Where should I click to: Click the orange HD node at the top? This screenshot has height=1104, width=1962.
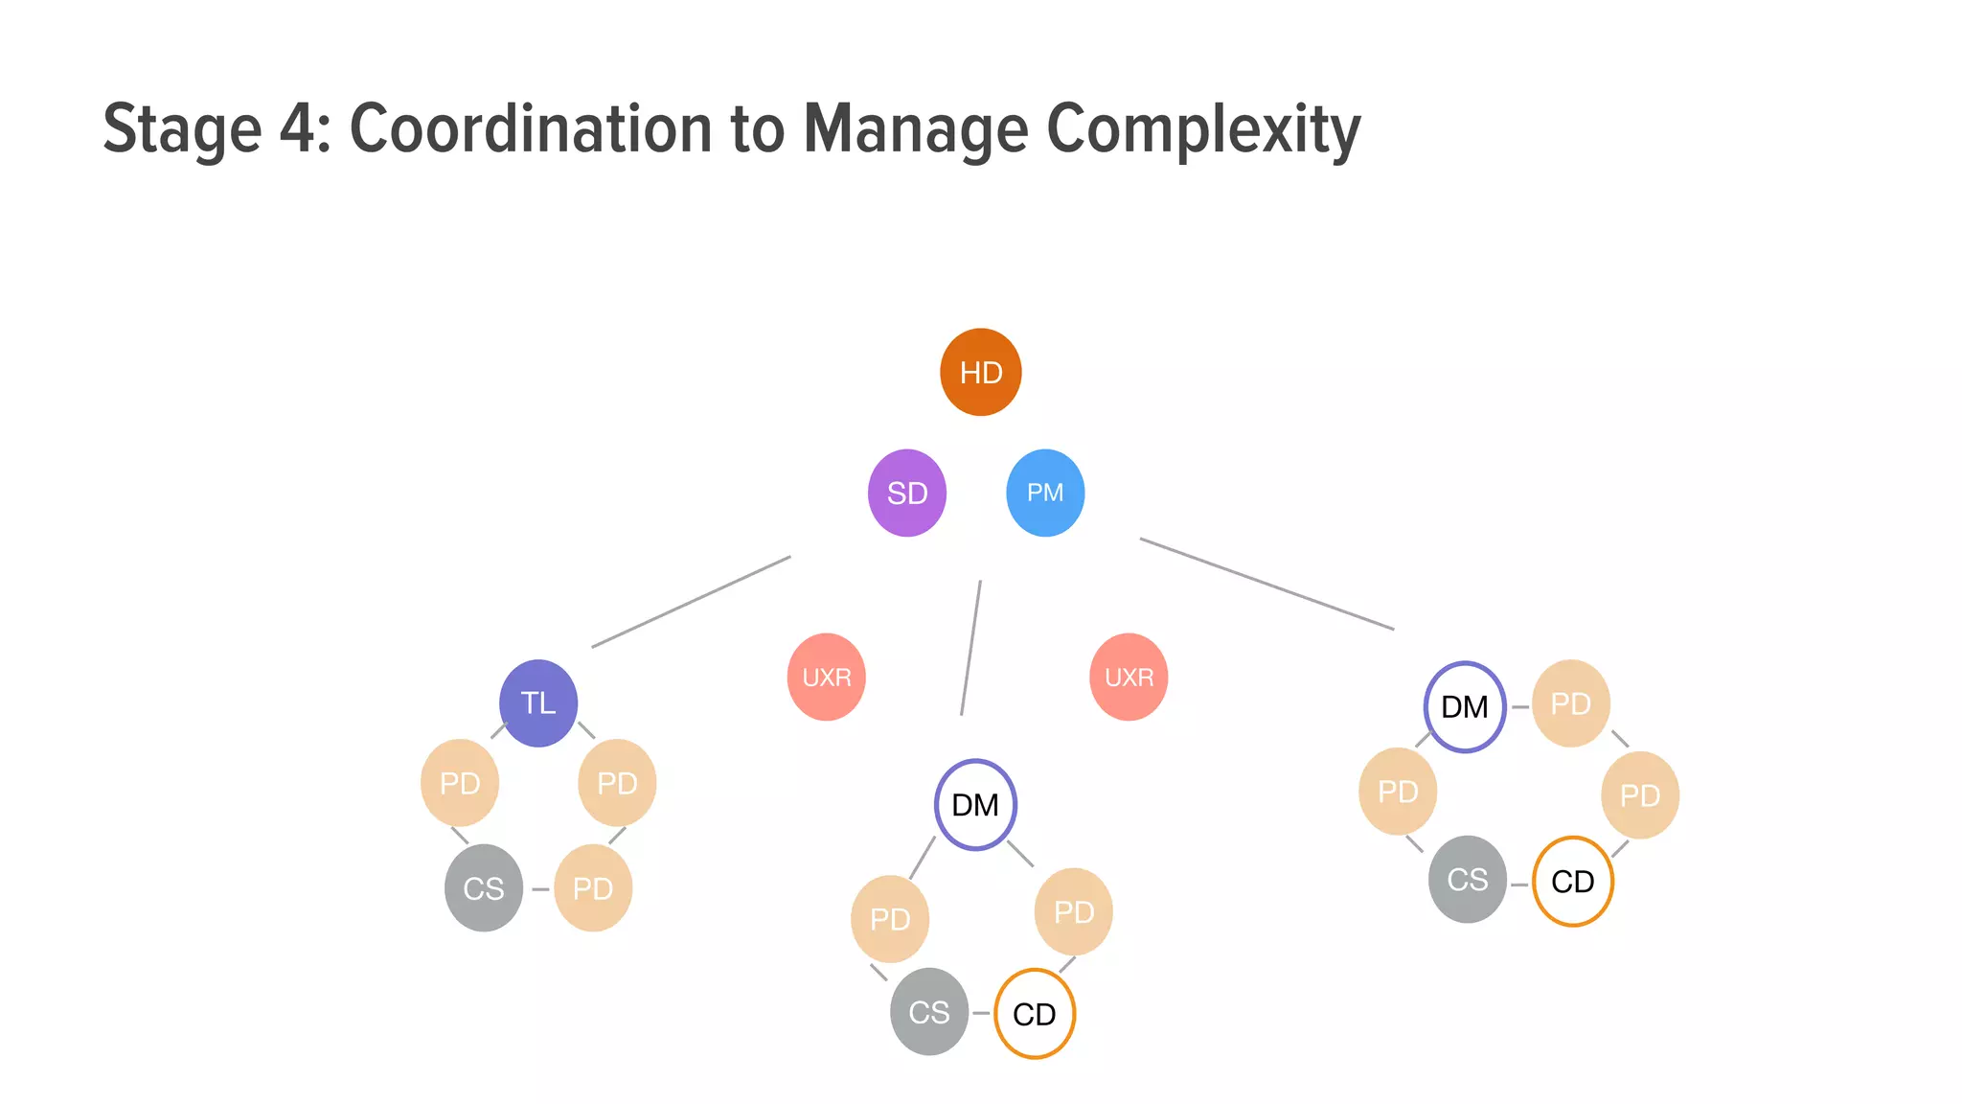pos(980,372)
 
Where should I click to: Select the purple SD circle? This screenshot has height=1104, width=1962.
pos(906,493)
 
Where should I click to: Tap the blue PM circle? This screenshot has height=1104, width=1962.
pos(1045,493)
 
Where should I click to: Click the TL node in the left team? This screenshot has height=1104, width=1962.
pos(538,703)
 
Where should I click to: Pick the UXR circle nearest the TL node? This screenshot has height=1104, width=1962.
pos(826,677)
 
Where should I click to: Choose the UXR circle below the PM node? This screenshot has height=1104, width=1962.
pos(1129,677)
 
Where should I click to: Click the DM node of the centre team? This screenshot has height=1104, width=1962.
pos(975,805)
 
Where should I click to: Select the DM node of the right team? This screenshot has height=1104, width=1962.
pos(1465,707)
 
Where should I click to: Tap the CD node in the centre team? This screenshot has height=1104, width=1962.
pos(1035,1014)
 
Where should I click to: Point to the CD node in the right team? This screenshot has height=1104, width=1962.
pos(1572,882)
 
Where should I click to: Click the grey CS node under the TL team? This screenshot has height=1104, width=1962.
pos(484,888)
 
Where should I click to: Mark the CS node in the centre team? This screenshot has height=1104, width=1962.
pos(929,1012)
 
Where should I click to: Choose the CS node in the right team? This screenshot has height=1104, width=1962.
pos(1467,880)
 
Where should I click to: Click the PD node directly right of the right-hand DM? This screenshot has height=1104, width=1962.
pos(1571,703)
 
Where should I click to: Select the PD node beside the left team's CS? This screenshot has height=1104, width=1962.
pos(593,888)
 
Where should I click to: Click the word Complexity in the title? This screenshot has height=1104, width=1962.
pos(1203,128)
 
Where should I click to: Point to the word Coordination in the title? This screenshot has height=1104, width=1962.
pos(531,128)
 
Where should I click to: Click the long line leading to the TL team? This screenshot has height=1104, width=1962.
pos(691,602)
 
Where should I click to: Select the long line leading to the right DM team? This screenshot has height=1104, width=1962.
pos(1266,584)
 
